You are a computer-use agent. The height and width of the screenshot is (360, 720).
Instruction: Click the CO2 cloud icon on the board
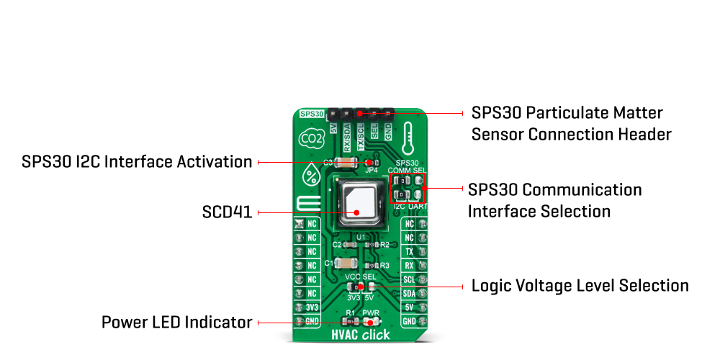pos(311,138)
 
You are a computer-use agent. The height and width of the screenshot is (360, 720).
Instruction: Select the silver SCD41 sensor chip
pos(357,201)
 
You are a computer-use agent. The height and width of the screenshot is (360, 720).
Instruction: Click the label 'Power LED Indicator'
pos(177,322)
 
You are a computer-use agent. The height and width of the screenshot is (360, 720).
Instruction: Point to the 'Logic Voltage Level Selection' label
pos(580,286)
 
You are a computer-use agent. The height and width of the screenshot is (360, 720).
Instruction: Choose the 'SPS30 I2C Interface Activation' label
pos(137,162)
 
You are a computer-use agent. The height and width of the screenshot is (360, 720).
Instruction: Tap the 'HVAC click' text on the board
pos(361,335)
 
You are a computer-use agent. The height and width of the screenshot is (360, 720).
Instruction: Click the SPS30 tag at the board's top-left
pos(312,114)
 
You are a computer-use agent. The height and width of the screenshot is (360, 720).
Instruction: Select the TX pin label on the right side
pos(409,252)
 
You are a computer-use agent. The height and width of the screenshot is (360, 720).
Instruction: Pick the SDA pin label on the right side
pos(409,293)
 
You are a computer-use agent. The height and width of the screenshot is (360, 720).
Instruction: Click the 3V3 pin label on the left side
pos(312,307)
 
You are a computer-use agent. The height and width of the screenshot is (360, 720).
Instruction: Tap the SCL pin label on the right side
pos(409,279)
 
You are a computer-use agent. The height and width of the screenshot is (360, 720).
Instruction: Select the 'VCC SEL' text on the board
pos(361,277)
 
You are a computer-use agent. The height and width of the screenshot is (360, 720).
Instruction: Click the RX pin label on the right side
pos(409,266)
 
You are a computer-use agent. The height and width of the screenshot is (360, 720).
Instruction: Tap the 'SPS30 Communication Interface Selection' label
pos(554,200)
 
